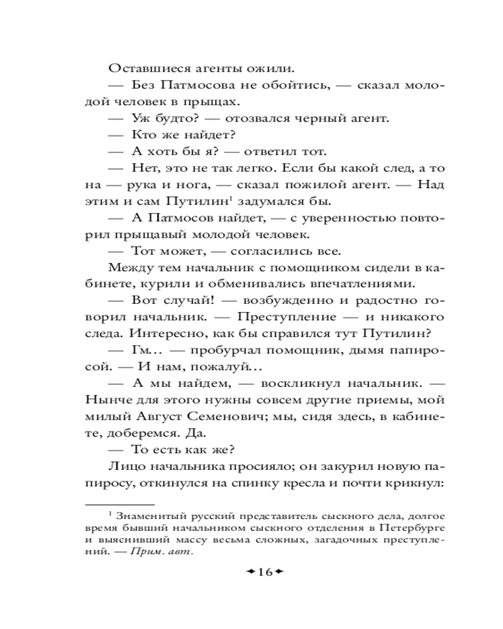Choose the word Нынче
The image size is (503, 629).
[105, 400]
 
